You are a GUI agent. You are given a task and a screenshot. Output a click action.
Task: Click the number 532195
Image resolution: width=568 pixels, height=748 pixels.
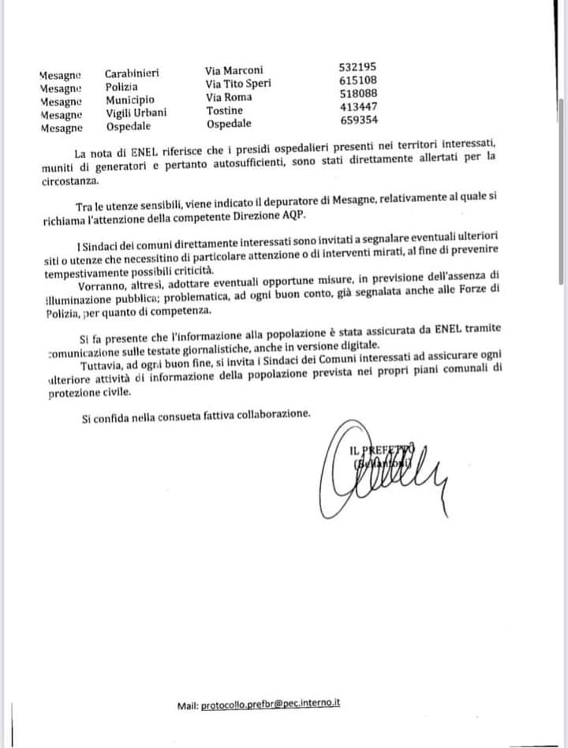357,69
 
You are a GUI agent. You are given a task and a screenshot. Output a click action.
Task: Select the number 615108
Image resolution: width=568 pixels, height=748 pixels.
357,80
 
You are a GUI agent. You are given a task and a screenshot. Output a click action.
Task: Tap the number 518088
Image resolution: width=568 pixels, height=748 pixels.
358,93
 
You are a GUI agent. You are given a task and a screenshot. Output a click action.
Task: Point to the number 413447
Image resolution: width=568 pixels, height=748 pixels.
358,107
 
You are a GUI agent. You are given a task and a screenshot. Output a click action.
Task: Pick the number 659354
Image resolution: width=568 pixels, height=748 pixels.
358,120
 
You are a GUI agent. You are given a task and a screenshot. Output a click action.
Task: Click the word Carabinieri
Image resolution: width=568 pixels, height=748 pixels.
132,74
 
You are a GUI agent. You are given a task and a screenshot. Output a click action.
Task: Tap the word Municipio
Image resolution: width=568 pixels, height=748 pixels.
130,100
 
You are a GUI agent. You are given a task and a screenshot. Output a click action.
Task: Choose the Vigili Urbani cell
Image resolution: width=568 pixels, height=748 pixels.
136,113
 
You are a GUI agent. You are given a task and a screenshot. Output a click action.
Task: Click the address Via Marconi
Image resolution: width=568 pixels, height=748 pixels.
234,70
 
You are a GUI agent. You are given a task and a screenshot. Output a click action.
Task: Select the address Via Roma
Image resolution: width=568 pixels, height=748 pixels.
229,97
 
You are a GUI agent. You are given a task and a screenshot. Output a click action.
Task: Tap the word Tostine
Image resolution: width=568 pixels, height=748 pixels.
225,110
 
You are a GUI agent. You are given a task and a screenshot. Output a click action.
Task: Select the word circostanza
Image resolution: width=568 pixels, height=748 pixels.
71,180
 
